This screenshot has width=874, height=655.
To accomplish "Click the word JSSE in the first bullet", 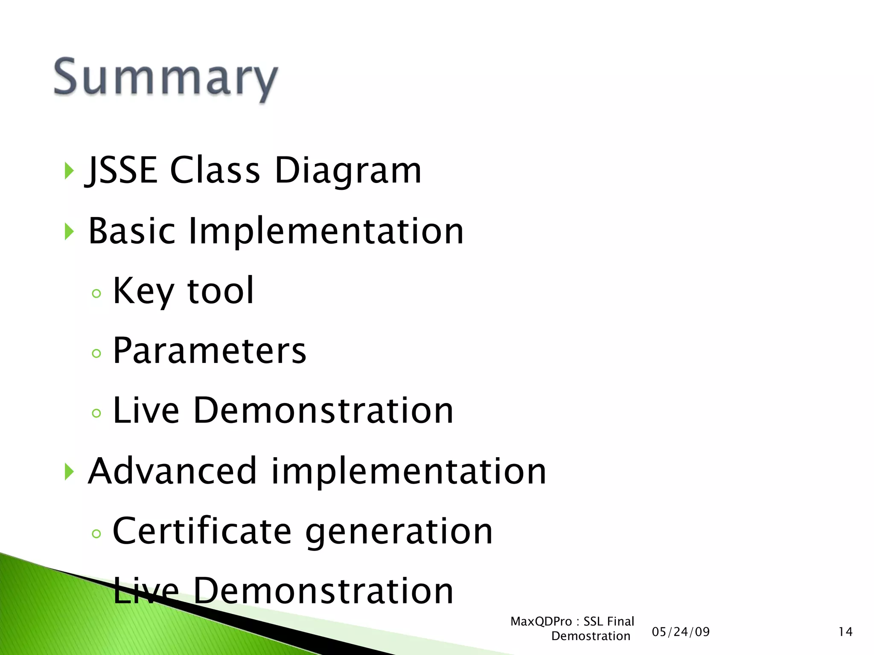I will point(122,170).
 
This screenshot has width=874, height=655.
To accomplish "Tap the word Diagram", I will point(348,171).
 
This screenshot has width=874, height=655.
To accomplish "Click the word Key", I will point(143,292).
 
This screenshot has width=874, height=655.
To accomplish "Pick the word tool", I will point(221,291).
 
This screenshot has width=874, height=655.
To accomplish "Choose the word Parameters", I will point(209,351).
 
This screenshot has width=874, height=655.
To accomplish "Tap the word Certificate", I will point(202,531).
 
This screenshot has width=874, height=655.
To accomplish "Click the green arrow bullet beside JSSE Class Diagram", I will point(69,171).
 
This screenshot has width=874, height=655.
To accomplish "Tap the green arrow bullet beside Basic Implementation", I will point(69,232).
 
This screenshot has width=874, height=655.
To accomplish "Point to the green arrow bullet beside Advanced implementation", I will point(69,472).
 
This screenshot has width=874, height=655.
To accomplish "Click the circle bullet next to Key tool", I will point(96,293).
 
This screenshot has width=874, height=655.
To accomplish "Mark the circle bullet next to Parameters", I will point(96,353).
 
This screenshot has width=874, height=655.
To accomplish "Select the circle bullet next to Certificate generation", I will point(96,533).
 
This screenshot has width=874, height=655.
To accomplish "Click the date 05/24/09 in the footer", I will point(681,632).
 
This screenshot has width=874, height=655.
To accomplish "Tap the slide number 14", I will point(845,632).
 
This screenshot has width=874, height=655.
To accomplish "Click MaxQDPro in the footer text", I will point(541,621).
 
